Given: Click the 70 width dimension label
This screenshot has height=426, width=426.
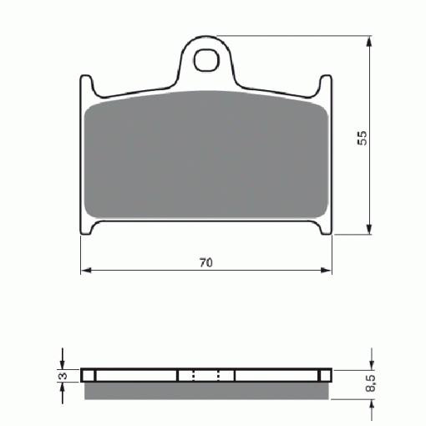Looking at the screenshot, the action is [206, 262].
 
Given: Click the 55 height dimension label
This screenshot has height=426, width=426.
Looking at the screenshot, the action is [363, 138].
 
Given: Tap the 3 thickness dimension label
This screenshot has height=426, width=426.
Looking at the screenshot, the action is [63, 376].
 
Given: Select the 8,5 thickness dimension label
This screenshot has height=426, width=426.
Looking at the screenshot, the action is [371, 383].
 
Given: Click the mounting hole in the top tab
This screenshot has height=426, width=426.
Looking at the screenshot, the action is [206, 60].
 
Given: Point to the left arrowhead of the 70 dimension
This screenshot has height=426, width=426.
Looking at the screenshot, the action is [86, 270].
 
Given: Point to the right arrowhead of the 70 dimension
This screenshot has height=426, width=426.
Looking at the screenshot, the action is [327, 270].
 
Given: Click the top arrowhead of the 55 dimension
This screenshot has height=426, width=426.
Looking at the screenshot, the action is [369, 42].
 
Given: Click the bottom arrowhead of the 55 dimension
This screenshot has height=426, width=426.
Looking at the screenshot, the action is [369, 229].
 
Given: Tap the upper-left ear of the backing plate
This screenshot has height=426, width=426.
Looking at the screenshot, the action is [86, 84].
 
